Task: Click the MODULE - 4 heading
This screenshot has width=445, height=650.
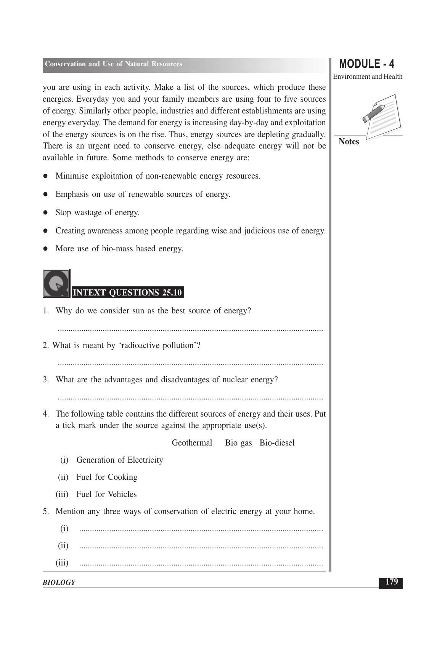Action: point(366,64)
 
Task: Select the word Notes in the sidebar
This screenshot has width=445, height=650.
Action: point(349,142)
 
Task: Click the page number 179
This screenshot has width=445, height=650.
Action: point(391,582)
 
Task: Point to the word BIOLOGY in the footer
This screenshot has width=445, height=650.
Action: point(59,582)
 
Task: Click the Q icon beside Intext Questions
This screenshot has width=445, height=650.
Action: point(56,283)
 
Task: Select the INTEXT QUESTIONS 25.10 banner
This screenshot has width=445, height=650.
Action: point(127,292)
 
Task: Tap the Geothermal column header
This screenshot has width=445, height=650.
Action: point(192,443)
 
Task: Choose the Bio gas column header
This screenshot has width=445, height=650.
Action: point(238,443)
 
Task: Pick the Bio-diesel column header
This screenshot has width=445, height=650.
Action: point(277,443)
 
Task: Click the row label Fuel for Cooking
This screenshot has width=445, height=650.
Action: point(107,477)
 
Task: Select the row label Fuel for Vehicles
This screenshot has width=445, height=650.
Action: point(106,494)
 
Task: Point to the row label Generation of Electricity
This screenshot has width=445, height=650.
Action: point(120,460)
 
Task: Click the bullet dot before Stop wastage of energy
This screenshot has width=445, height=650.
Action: point(45,212)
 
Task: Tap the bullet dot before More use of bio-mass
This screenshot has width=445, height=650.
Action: point(45,249)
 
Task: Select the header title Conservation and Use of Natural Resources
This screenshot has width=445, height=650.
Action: point(114,64)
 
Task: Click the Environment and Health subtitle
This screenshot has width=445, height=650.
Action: point(368,77)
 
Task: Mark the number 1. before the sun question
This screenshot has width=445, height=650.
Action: point(46,311)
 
